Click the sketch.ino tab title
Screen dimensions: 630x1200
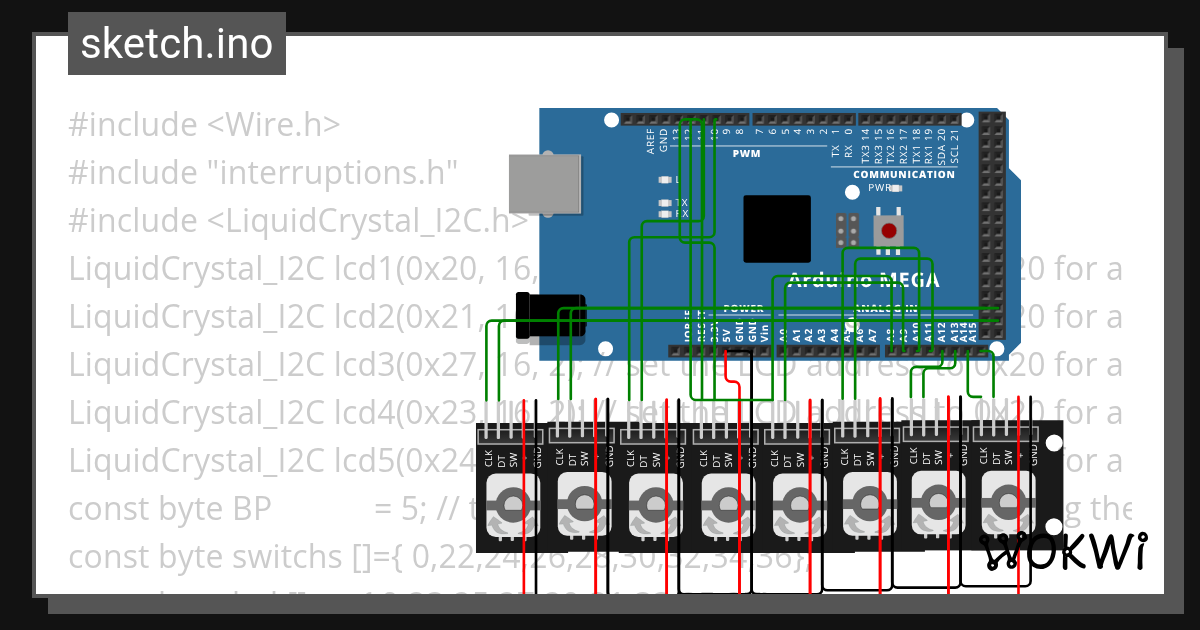(x=177, y=44)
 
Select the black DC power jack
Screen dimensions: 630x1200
(x=549, y=311)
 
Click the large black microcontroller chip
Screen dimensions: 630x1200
(x=777, y=229)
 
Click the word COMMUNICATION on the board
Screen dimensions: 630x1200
(x=904, y=175)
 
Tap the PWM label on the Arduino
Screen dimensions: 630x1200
(x=746, y=154)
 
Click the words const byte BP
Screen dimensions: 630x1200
(x=170, y=509)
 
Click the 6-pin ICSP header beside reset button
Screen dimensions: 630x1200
(x=847, y=231)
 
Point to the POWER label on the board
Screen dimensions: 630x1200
(x=743, y=308)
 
